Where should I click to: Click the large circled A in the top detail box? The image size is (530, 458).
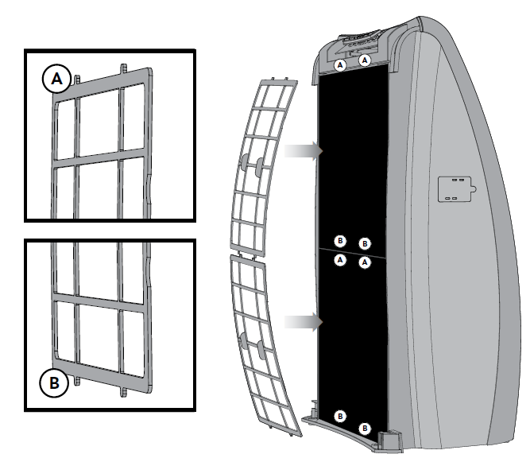56,79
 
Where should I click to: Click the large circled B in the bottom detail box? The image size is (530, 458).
54,383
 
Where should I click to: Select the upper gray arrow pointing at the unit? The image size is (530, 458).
304,150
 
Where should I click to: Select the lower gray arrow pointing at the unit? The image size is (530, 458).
304,322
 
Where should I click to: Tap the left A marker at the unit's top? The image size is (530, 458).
340,65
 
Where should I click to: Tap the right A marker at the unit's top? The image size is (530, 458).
365,60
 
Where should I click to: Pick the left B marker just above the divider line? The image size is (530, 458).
340,241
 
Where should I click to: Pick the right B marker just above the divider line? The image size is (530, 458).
365,243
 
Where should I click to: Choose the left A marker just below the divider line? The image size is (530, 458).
340,260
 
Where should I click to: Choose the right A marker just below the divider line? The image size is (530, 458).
365,262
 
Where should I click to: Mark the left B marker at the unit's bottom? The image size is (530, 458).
340,416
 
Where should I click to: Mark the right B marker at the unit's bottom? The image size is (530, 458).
365,429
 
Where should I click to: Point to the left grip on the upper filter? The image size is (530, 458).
245,162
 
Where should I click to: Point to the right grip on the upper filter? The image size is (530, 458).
260,167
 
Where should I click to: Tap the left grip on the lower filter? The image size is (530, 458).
244,340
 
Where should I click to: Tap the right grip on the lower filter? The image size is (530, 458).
261,350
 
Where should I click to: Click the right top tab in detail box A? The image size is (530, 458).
124,68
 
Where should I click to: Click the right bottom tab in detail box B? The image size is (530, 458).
124,392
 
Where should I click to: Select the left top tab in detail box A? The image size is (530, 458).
77,80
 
